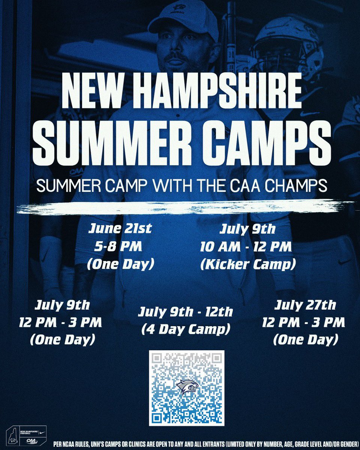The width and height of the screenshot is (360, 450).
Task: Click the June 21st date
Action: tap(120, 229)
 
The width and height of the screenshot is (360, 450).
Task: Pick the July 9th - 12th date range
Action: tap(185, 312)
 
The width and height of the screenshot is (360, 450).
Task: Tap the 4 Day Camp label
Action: tap(185, 330)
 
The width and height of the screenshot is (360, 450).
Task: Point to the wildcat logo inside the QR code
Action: tap(186, 387)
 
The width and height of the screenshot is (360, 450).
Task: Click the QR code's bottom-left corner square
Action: tap(157, 417)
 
